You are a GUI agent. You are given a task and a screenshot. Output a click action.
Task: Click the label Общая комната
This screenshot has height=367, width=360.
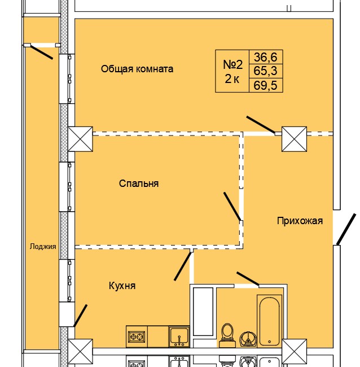click(137, 69)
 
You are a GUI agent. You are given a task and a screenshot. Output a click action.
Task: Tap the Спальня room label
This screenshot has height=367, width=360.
click(139, 183)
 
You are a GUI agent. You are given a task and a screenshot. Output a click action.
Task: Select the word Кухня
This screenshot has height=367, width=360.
click(122, 286)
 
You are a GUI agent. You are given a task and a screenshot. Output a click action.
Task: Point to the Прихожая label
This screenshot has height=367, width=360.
click(300, 221)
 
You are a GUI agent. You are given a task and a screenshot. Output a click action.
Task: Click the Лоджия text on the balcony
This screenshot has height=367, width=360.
click(43, 246)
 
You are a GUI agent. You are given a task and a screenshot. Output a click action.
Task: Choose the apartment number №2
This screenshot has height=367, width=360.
click(231, 64)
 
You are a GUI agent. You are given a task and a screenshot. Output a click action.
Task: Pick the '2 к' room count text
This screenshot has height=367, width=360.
click(232, 79)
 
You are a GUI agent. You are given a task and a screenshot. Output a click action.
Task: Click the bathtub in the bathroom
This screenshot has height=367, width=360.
click(270, 320)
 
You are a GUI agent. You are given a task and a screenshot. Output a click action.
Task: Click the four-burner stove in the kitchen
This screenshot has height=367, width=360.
click(137, 337)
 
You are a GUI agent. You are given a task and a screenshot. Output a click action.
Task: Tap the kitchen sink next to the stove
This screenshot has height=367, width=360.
click(179, 337)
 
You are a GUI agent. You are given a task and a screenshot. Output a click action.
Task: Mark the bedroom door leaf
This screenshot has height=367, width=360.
click(232, 206)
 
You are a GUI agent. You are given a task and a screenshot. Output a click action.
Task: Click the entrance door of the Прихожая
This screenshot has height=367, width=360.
click(346, 230)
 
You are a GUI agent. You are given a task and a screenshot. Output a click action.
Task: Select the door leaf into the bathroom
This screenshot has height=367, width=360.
click(248, 278)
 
